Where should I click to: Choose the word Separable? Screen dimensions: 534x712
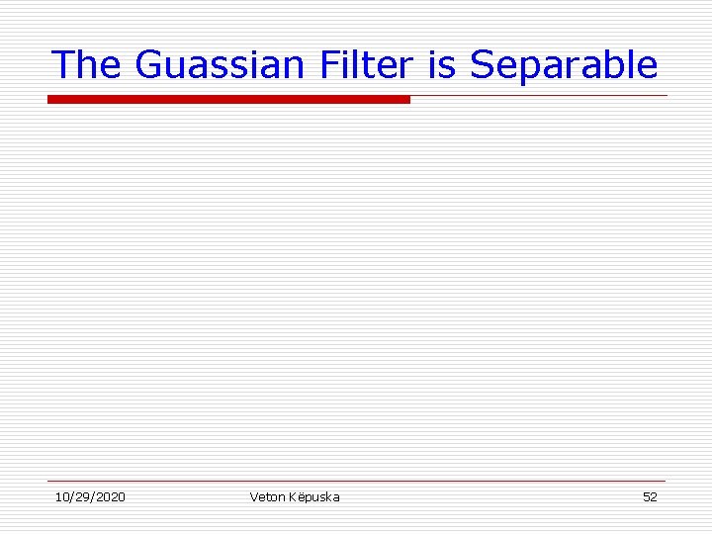point(564,66)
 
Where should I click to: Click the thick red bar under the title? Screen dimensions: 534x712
point(228,99)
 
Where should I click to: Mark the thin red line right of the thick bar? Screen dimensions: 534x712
point(539,96)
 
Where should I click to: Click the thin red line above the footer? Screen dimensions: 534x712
point(357,482)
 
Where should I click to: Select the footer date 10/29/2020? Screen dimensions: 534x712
point(90,496)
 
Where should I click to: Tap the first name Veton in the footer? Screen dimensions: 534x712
point(266,496)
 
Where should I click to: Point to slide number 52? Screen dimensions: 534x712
point(650,496)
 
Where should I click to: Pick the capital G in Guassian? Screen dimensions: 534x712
point(147,64)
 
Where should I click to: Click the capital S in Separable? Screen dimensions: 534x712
point(482,64)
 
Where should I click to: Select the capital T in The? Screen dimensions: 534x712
point(62,64)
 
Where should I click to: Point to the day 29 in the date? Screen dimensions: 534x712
point(82,496)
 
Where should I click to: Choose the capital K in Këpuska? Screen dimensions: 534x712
point(292,496)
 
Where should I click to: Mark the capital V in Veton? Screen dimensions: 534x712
point(254,496)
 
